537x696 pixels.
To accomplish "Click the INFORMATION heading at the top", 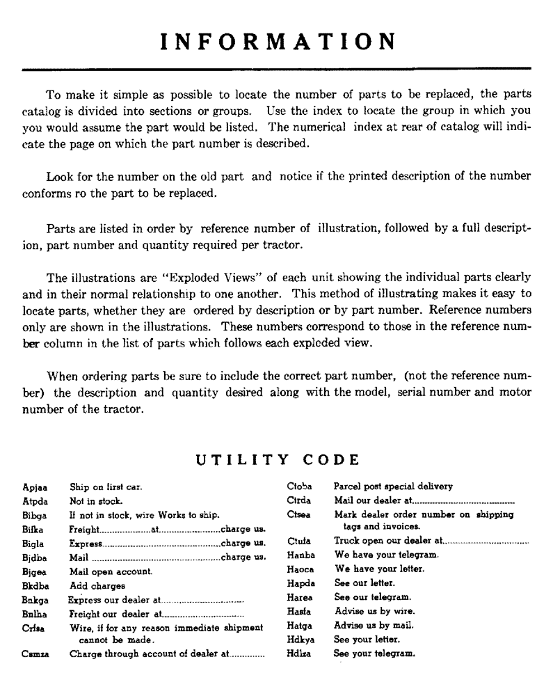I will tap(277, 41).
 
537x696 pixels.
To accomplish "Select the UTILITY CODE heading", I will tap(277, 460).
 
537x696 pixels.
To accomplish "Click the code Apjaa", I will tap(35, 487).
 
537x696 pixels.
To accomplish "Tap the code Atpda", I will tap(35, 500).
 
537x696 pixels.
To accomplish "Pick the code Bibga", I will tap(35, 515).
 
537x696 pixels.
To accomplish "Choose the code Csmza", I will tap(36, 654).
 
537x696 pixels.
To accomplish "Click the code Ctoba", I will tap(300, 487).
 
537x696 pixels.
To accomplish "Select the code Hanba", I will tap(300, 555).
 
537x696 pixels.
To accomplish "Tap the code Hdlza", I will tap(300, 654).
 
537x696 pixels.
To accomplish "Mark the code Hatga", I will tap(300, 626).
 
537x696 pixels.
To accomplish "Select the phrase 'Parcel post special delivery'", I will tap(393, 487).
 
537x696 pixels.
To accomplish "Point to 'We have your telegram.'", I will tap(387, 555).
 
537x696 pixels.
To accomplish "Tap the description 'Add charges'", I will tap(98, 585).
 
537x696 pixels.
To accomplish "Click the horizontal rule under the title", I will tap(277, 69).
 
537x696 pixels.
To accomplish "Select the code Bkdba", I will tap(35, 585).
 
